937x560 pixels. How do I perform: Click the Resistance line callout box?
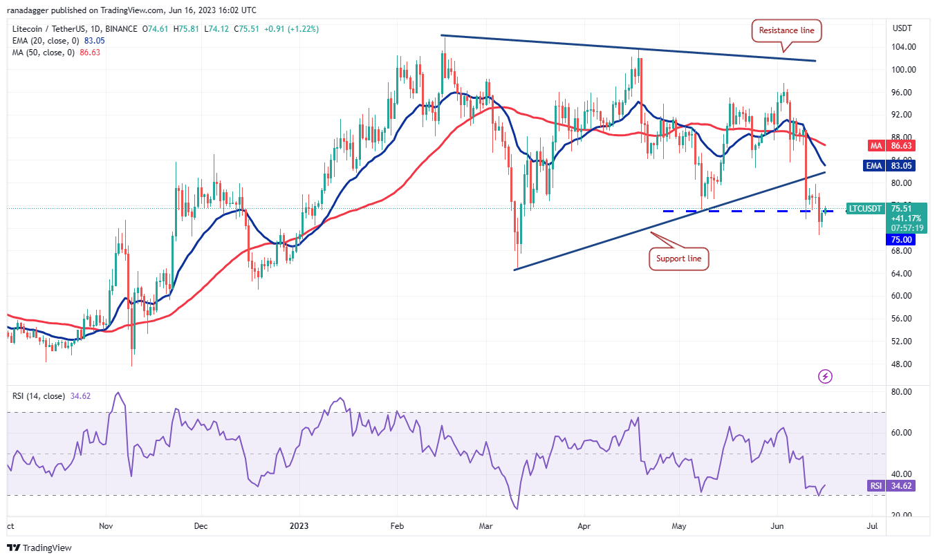click(x=787, y=30)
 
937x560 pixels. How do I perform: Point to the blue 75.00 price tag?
click(x=902, y=239)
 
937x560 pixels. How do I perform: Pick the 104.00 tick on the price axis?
click(x=902, y=47)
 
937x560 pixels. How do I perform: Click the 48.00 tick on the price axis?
click(x=902, y=364)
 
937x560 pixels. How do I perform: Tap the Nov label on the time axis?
click(x=106, y=526)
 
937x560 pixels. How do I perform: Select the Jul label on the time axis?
click(x=872, y=526)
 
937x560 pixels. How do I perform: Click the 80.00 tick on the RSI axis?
click(x=902, y=392)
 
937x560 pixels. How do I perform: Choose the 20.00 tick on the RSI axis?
click(x=902, y=516)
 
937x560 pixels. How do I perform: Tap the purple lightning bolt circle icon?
click(x=825, y=376)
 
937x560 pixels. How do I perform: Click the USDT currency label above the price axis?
click(x=902, y=29)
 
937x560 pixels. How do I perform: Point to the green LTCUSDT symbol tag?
click(x=866, y=208)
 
